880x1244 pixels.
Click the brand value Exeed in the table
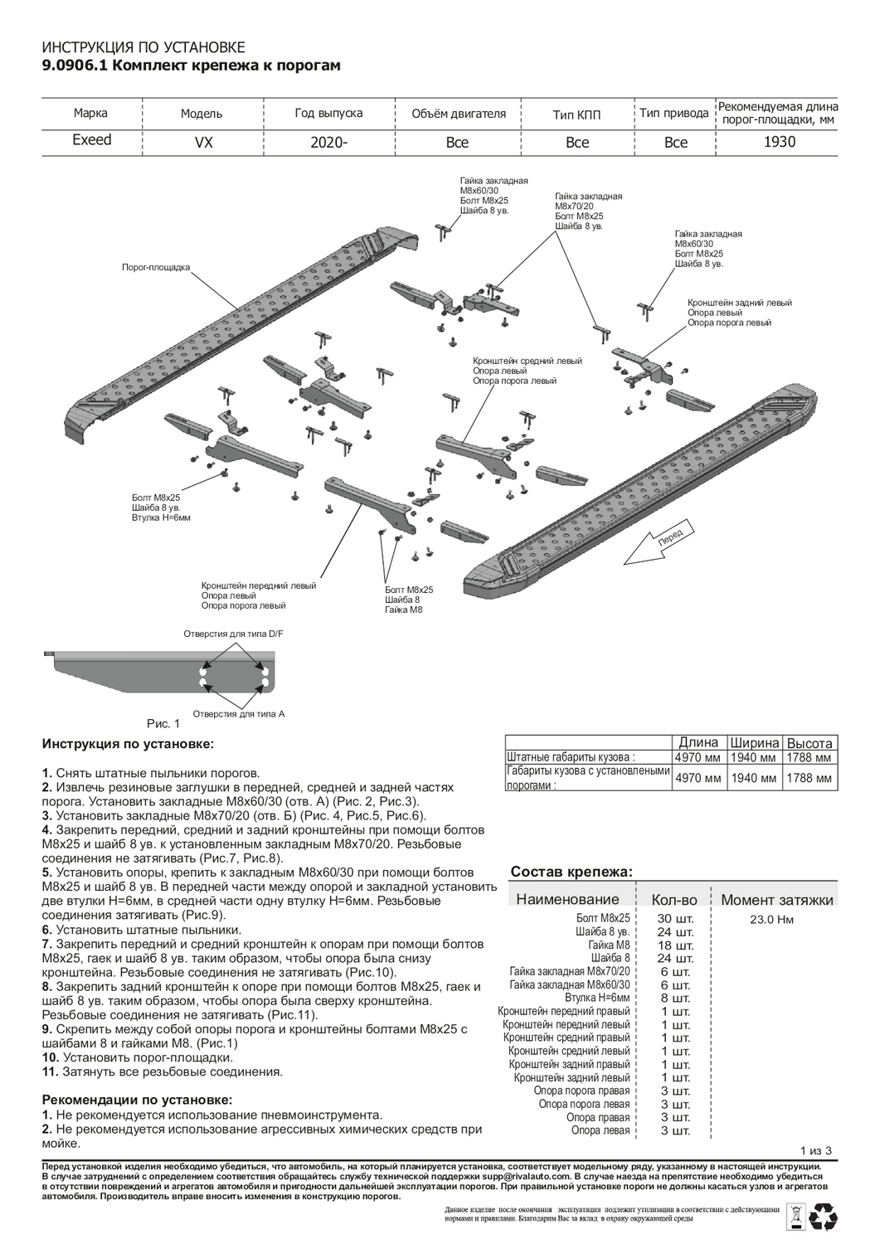91,140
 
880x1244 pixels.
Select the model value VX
203,142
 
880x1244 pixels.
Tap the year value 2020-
328,142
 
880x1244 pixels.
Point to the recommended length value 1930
779,142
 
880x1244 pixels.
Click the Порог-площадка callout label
156,268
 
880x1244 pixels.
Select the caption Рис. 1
163,723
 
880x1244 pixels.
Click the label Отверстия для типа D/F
233,634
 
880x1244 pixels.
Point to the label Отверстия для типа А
238,713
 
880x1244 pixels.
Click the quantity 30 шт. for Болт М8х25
675,919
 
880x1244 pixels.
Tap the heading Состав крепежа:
571,872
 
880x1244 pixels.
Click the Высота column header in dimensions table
810,743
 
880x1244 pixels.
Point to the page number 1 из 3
816,1149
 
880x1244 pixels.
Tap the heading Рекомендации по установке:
137,1100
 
